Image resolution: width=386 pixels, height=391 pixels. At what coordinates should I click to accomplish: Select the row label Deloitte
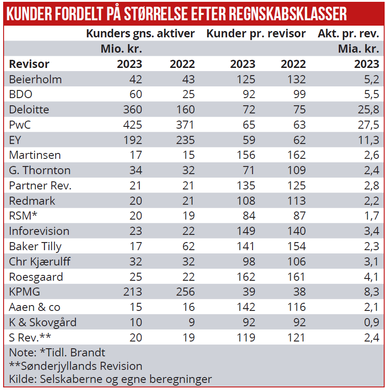pyautogui.click(x=29, y=109)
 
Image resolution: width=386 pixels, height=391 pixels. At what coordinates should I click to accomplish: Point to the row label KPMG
pyautogui.click(x=25, y=292)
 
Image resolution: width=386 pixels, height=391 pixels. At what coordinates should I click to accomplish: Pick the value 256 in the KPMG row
pyautogui.click(x=182, y=292)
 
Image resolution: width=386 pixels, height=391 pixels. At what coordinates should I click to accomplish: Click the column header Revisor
pyautogui.click(x=29, y=64)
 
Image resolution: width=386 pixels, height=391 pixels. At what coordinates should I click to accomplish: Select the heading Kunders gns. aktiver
pyautogui.click(x=140, y=34)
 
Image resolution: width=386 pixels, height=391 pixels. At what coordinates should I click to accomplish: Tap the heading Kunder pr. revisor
pyautogui.click(x=256, y=34)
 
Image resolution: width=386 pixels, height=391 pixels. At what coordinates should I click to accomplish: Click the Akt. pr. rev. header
pyautogui.click(x=348, y=34)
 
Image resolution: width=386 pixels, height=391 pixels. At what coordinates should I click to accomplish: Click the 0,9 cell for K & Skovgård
pyautogui.click(x=370, y=322)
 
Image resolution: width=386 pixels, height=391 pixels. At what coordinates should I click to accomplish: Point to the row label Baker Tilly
pyautogui.click(x=35, y=246)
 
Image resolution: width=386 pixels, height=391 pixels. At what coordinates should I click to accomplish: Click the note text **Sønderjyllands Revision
pyautogui.click(x=75, y=366)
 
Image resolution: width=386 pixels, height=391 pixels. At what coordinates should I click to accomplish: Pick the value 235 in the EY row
pyautogui.click(x=182, y=140)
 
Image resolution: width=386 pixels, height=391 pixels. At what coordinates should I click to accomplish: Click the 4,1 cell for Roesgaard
pyautogui.click(x=371, y=276)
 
